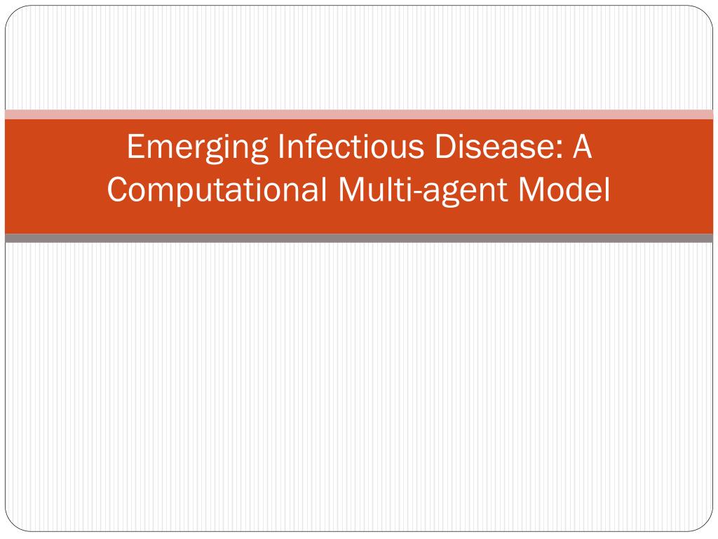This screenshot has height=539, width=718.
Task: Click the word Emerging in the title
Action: (x=197, y=148)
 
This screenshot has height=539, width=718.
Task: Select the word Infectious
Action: (x=351, y=146)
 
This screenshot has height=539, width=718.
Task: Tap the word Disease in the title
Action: (x=494, y=146)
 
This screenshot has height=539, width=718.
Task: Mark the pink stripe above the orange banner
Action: (x=359, y=114)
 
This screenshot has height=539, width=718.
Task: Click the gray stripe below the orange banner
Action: (x=359, y=238)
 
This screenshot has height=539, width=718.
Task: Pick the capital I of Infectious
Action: (x=280, y=147)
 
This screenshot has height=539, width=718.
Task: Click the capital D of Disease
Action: (x=445, y=147)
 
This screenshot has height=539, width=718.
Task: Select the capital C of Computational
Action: (x=117, y=189)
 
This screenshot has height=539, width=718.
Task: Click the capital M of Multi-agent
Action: (x=351, y=189)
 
